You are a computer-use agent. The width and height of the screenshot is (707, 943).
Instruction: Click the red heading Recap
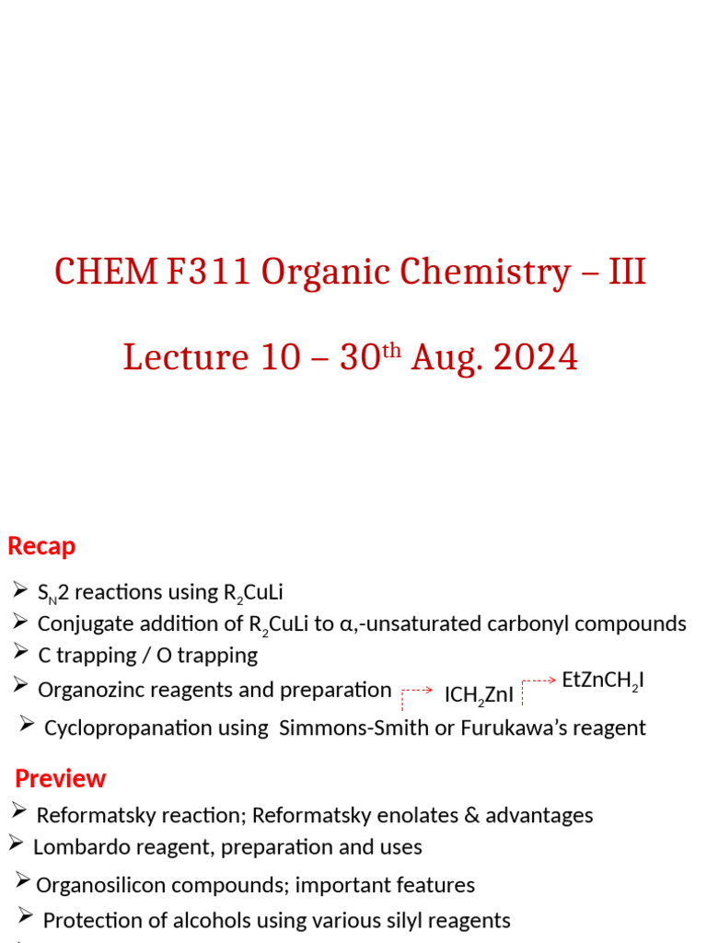pyautogui.click(x=41, y=546)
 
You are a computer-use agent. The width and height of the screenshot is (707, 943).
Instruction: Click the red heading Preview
pyautogui.click(x=61, y=778)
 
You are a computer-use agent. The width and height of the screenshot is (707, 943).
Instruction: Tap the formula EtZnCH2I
pyautogui.click(x=603, y=681)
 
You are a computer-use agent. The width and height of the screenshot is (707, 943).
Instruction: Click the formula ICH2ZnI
pyautogui.click(x=479, y=695)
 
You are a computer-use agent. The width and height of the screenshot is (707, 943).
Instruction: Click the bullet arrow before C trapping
pyautogui.click(x=21, y=653)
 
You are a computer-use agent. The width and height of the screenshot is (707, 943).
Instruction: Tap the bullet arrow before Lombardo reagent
pyautogui.click(x=17, y=843)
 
